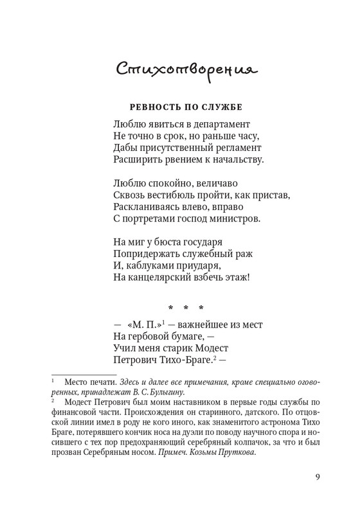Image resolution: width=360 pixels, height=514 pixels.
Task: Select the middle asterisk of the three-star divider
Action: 187,308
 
